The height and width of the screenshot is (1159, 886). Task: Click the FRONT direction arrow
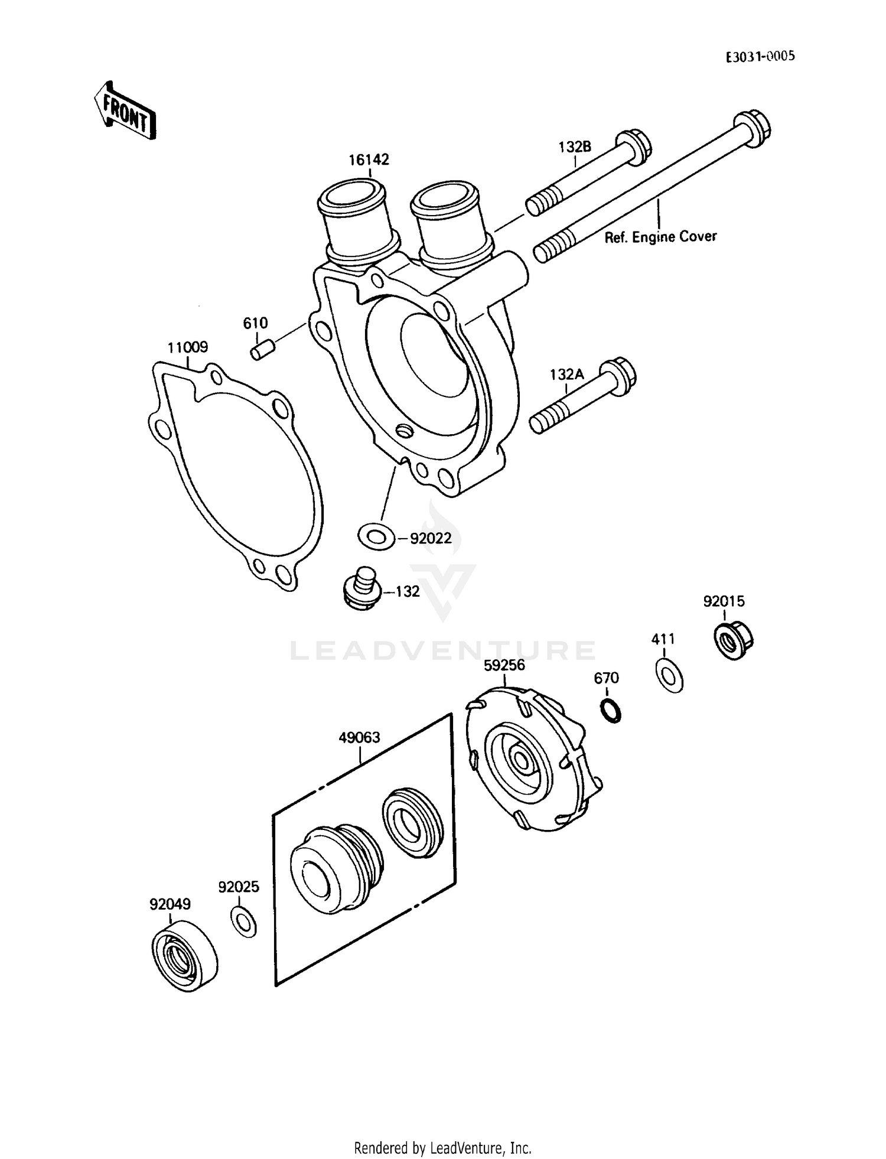(x=125, y=110)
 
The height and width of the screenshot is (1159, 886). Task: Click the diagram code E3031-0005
(x=760, y=56)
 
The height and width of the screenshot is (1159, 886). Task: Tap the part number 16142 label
(x=369, y=159)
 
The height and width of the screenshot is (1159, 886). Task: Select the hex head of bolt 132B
(x=634, y=145)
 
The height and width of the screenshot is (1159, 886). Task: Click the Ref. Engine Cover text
(x=660, y=237)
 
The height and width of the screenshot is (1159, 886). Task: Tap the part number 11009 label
(x=187, y=347)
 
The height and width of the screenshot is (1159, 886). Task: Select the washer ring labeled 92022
(x=376, y=536)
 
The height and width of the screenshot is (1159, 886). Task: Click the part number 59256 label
(x=504, y=665)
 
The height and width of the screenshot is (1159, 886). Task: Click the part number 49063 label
(x=359, y=737)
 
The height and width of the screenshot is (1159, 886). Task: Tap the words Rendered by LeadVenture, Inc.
(x=442, y=1147)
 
